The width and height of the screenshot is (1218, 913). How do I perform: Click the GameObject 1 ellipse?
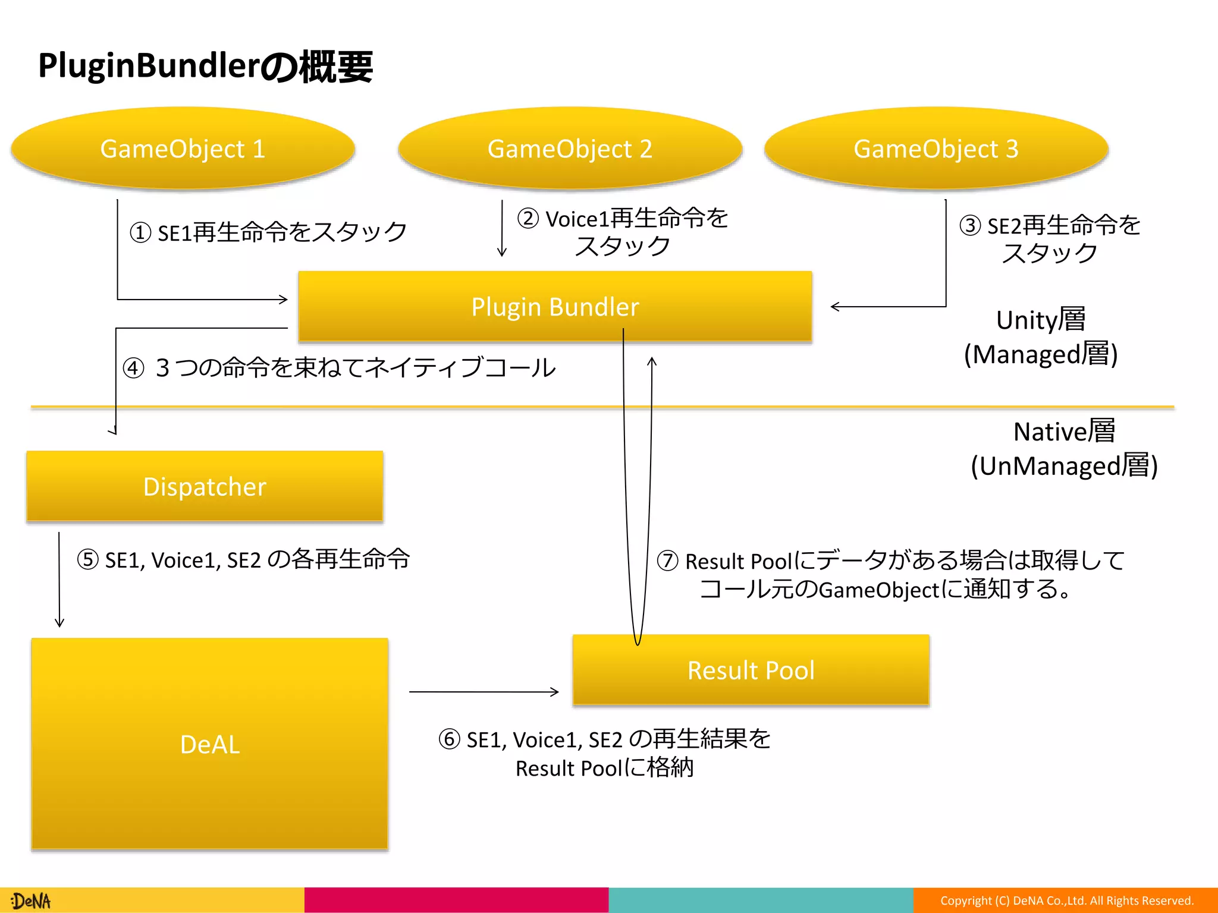tap(183, 149)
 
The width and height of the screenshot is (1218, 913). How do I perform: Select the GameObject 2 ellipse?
tap(570, 149)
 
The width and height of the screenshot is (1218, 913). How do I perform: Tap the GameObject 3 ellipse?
tap(936, 149)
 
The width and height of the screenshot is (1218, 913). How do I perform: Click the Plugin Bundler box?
tap(555, 307)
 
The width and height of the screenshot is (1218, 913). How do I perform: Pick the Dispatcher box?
tap(205, 486)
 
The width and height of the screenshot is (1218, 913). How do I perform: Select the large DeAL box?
tap(209, 744)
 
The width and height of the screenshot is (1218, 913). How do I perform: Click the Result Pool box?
tap(751, 670)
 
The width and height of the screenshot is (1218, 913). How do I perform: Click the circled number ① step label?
tap(140, 232)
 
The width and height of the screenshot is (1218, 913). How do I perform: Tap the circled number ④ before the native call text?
tap(134, 368)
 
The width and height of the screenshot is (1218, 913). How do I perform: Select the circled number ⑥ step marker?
tap(449, 739)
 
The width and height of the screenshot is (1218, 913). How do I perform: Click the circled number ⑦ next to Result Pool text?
tap(667, 561)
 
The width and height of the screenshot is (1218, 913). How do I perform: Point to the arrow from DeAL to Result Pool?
tap(483, 692)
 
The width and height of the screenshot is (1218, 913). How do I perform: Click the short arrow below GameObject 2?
tap(502, 229)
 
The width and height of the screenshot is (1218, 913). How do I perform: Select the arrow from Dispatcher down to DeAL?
tap(59, 580)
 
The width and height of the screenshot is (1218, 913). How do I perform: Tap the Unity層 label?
tap(1041, 320)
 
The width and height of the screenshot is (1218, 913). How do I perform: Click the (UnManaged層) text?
tap(1064, 466)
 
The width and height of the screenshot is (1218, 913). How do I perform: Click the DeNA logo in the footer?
tap(31, 901)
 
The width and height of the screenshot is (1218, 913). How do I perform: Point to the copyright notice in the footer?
tap(1067, 901)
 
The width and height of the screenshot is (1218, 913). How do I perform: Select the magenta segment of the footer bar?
tap(456, 900)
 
